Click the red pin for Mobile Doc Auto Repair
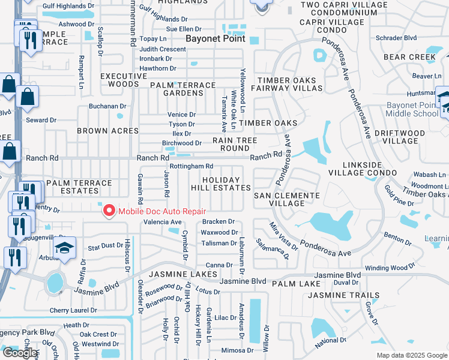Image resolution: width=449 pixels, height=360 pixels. (109, 210)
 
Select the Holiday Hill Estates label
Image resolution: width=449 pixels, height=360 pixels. (221, 184)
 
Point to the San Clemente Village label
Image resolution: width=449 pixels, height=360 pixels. (286, 199)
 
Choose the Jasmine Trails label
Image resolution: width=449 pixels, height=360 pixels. (343, 295)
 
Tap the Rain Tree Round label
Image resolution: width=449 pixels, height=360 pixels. (235, 144)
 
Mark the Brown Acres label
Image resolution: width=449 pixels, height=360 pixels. (109, 131)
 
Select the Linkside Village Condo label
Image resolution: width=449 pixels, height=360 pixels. (363, 168)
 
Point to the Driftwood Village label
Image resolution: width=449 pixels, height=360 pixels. (408, 137)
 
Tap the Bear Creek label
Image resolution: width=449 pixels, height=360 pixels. (409, 57)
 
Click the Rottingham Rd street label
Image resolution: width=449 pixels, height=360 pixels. (191, 166)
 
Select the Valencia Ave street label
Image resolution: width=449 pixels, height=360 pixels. (162, 222)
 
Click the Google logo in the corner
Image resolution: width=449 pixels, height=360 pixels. (20, 353)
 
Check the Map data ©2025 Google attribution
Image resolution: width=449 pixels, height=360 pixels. (411, 355)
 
